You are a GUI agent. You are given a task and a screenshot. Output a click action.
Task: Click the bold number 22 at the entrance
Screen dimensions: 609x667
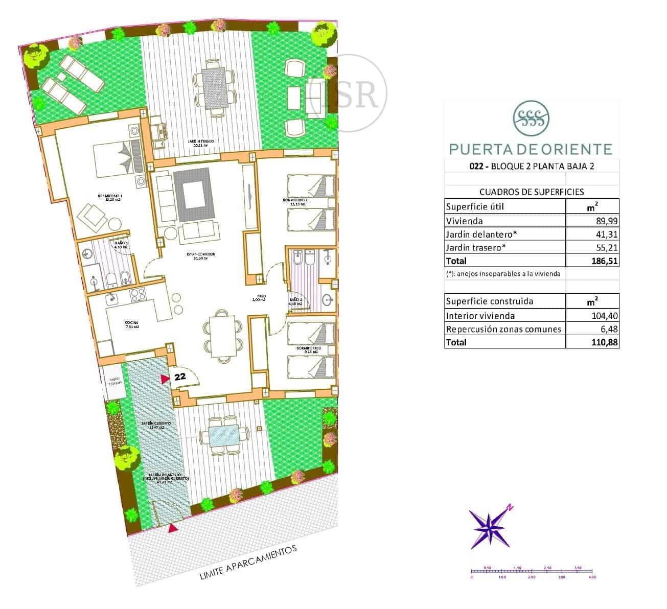(179, 377)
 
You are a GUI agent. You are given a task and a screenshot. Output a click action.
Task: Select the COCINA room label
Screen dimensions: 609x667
(131, 323)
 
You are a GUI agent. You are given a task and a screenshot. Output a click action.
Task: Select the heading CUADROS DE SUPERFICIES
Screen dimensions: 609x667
(531, 192)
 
